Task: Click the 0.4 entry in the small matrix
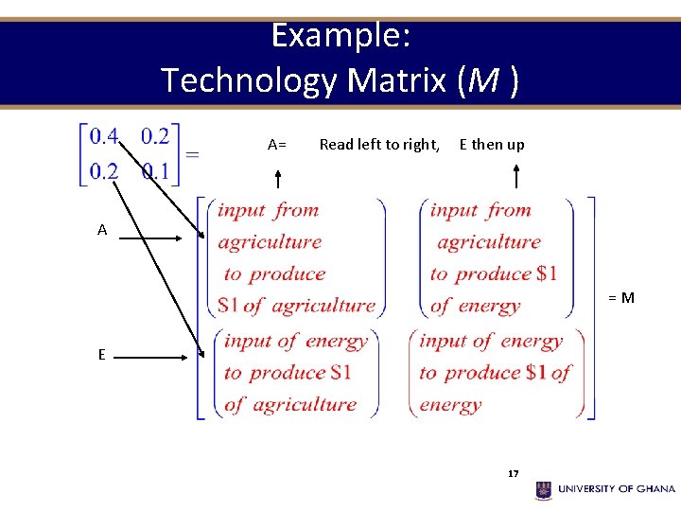[x=104, y=137]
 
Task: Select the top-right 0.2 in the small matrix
[x=155, y=137]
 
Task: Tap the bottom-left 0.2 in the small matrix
[x=104, y=171]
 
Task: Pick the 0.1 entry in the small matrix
[x=155, y=171]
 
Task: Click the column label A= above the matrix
[x=277, y=145]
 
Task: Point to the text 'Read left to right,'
[x=379, y=145]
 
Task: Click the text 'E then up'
[x=491, y=145]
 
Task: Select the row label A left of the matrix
[x=102, y=230]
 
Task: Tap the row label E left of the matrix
[x=101, y=355]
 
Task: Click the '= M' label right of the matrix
[x=620, y=298]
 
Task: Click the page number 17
[x=514, y=473]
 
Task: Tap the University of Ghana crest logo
[x=544, y=489]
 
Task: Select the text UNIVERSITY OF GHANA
[x=617, y=489]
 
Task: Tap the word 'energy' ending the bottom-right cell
[x=450, y=405]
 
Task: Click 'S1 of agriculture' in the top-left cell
[x=296, y=306]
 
